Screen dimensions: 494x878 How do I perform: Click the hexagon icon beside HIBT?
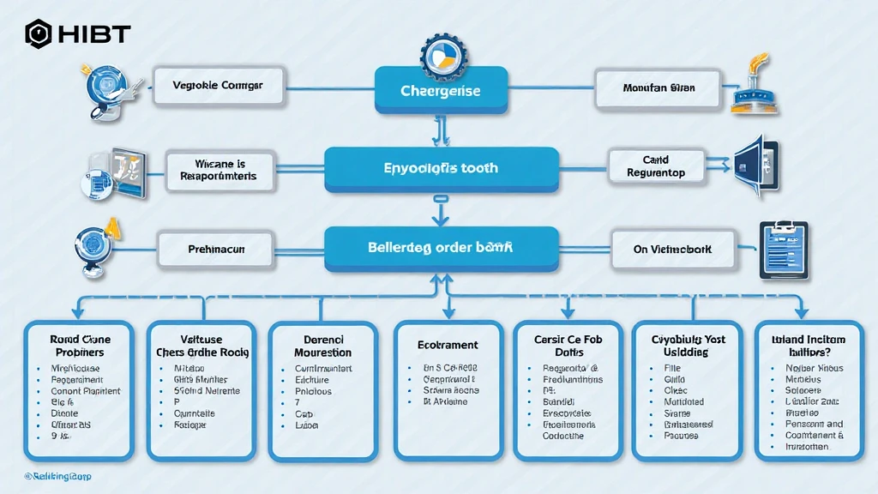pos(38,34)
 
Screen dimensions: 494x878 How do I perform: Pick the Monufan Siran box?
pos(658,87)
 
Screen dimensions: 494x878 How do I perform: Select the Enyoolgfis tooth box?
pos(441,169)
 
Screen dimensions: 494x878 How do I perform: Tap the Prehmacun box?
pos(216,250)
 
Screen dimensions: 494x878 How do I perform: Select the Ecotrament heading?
pos(447,345)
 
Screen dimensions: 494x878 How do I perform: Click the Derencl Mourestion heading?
pos(322,346)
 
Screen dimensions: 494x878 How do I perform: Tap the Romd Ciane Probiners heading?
pos(79,346)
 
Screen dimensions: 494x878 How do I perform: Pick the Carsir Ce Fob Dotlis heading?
pos(568,346)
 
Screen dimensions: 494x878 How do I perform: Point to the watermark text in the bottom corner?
pos(57,476)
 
